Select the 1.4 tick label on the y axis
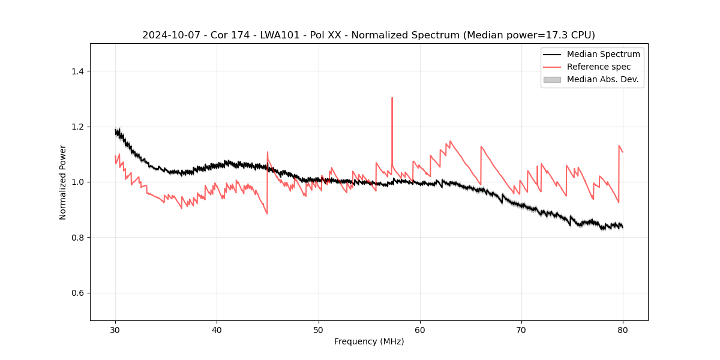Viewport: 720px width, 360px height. click(77, 71)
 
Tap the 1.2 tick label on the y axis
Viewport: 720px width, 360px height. click(77, 127)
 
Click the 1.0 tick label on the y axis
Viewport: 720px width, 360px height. click(77, 182)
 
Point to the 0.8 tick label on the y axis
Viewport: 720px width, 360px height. click(77, 238)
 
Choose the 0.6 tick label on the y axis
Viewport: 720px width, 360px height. click(77, 293)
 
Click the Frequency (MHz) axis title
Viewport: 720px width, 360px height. click(369, 341)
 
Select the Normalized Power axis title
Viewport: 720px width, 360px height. click(62, 182)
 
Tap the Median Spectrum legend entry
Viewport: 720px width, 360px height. click(603, 54)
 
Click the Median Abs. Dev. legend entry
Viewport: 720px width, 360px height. click(602, 79)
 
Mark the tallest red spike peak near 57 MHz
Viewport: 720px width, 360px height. click(392, 98)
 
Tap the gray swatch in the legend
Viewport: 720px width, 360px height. click(551, 79)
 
